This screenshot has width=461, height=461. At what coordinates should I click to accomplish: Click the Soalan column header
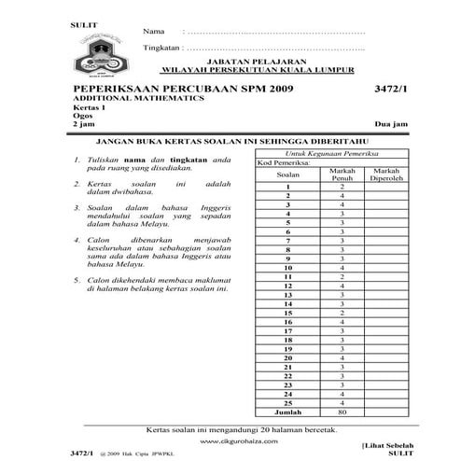[x=288, y=175]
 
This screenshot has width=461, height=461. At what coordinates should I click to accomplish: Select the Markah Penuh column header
[x=342, y=175]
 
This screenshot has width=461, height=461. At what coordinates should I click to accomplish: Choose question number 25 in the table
[x=288, y=401]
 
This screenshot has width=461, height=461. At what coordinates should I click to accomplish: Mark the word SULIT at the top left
[x=82, y=19]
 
